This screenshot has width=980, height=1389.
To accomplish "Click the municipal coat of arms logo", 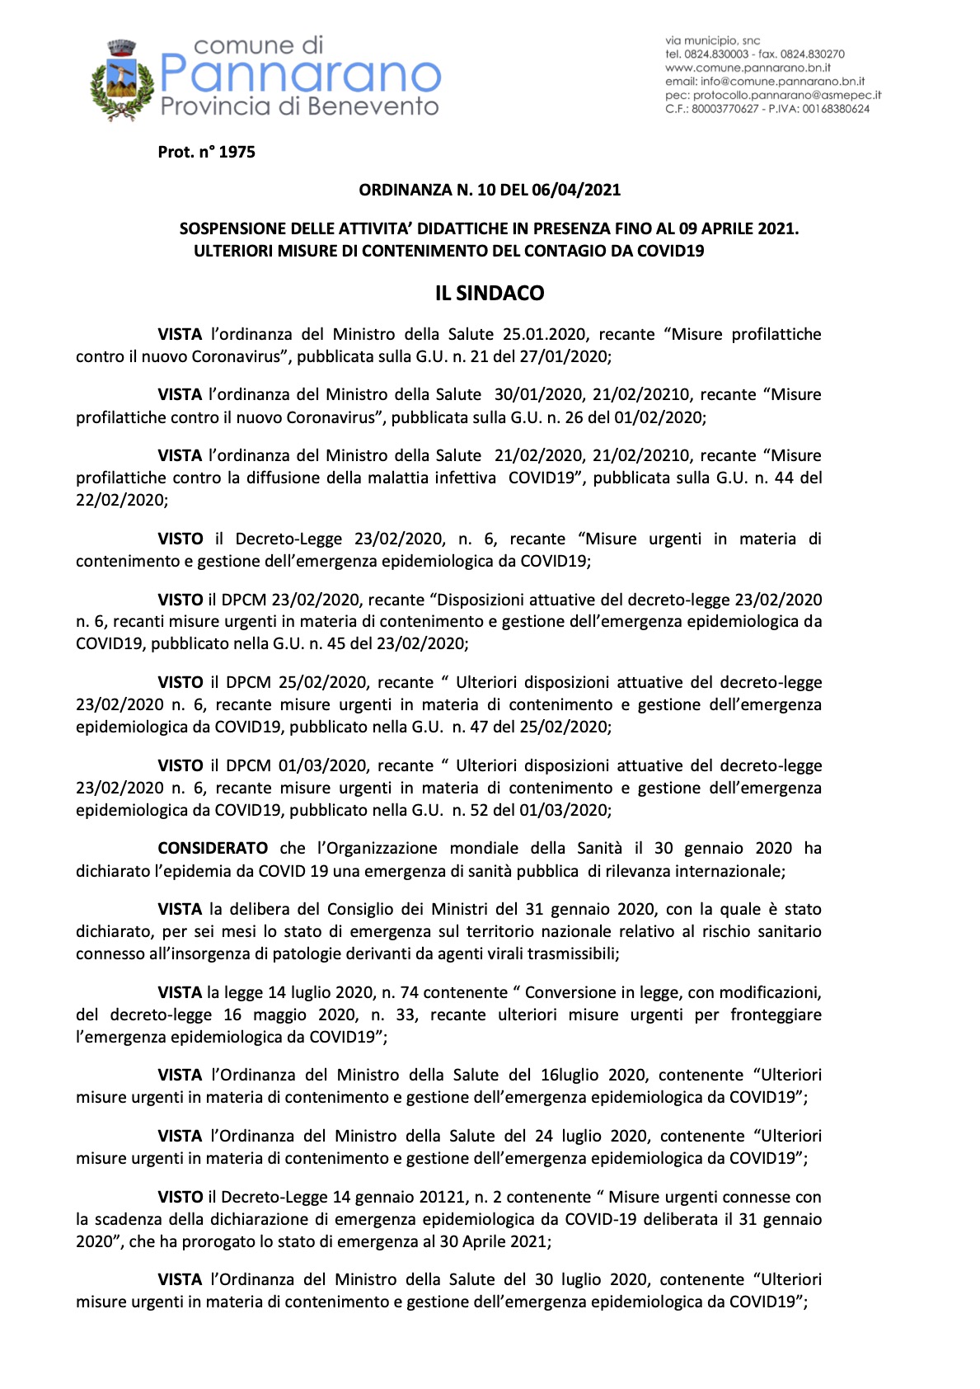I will point(122,81).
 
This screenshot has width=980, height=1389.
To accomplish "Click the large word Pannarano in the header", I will point(300,75).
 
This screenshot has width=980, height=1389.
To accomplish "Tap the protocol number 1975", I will point(237,153).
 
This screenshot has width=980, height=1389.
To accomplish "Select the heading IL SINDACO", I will point(490,294).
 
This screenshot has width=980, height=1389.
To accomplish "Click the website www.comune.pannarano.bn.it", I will point(748,68).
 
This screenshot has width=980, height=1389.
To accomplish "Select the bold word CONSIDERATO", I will point(213,849).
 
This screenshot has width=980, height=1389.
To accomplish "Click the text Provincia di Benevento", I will point(299,106).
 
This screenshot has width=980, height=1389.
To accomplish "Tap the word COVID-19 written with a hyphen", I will point(600,1220).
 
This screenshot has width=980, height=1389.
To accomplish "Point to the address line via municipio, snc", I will point(712,40).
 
